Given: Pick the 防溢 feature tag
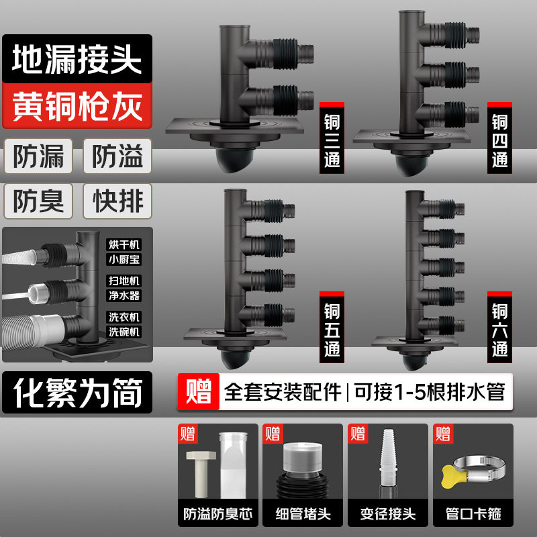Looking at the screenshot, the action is coord(117,156).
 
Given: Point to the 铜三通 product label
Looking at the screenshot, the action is coord(332,142).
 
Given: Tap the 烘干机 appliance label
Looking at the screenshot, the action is coord(125,244).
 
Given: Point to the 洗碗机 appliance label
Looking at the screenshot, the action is coord(125,332).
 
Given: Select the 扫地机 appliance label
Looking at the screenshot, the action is coord(125,281).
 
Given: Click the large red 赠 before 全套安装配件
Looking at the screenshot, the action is coord(199,391).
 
